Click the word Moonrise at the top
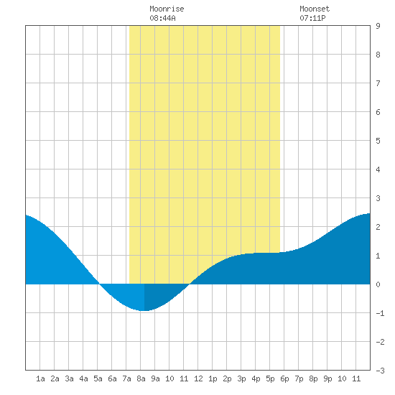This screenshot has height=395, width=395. pyautogui.click(x=167, y=9)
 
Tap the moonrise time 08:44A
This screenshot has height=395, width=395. pyautogui.click(x=162, y=18)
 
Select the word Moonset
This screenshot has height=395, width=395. pyautogui.click(x=315, y=9)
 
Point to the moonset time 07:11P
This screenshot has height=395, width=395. pyautogui.click(x=312, y=18)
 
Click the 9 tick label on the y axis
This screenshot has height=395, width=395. pyautogui.click(x=378, y=26)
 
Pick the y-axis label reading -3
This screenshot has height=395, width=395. pyautogui.click(x=380, y=371)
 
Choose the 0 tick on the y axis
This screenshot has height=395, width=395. pyautogui.click(x=378, y=284)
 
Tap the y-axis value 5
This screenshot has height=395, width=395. pyautogui.click(x=378, y=141)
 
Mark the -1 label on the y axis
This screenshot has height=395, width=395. pyautogui.click(x=380, y=313)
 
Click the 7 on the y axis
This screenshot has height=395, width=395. pyautogui.click(x=378, y=83)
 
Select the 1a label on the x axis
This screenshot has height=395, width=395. pyautogui.click(x=40, y=378)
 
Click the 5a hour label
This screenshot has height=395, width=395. pyautogui.click(x=98, y=378)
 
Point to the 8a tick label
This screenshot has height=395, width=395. pyautogui.click(x=141, y=378)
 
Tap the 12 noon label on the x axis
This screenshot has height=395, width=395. pyautogui.click(x=198, y=378)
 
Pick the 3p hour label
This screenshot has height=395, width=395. pyautogui.click(x=241, y=378)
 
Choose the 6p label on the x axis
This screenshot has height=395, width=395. pyautogui.click(x=284, y=378)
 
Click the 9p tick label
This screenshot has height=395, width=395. pyautogui.click(x=327, y=378)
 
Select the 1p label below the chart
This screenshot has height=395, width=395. pyautogui.click(x=213, y=378)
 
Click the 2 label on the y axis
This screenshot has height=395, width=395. pyautogui.click(x=378, y=227)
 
